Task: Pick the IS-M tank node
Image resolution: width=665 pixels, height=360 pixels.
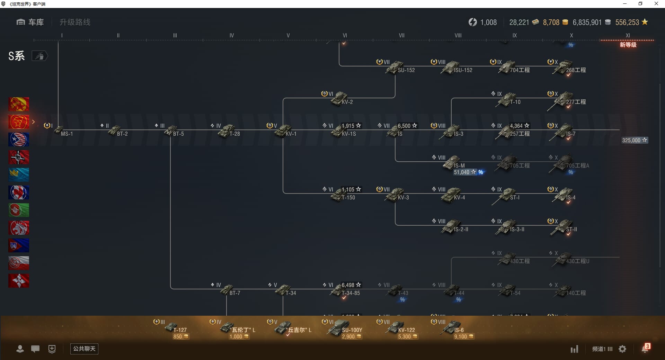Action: tap(452, 163)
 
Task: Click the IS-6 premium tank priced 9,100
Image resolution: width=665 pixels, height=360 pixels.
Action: tap(452, 327)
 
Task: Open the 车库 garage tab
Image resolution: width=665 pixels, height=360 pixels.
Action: tap(30, 22)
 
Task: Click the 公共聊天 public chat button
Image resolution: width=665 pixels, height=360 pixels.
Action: tap(84, 349)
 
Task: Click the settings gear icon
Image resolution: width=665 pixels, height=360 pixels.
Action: tap(622, 349)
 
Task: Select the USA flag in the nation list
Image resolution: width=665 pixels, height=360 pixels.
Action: tap(19, 139)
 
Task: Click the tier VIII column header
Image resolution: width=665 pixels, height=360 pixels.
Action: tap(458, 35)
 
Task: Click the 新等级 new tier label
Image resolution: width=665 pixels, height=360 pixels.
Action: tap(628, 45)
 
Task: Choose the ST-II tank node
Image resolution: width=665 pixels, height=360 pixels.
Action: tap(563, 226)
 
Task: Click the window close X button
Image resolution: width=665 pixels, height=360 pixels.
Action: tap(656, 4)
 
